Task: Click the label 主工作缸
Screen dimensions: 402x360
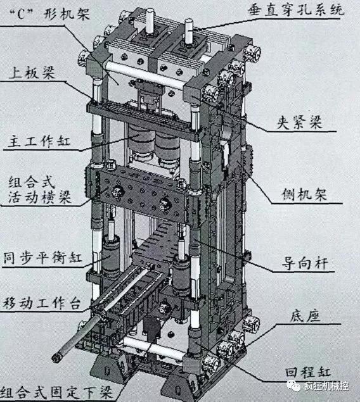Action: pyautogui.click(x=38, y=139)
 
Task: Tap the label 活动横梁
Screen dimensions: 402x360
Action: pyautogui.click(x=38, y=201)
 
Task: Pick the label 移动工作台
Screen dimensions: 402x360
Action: pyautogui.click(x=42, y=303)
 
